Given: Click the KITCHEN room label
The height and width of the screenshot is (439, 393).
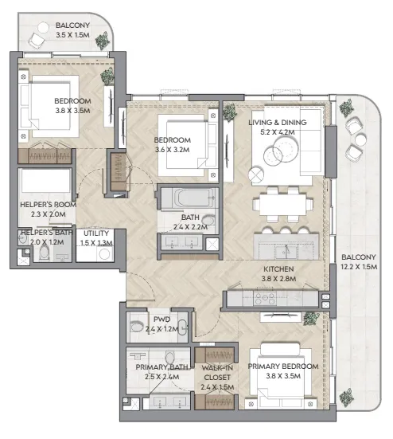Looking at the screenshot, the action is (x=278, y=269).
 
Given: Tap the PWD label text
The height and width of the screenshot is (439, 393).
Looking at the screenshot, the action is (x=161, y=319).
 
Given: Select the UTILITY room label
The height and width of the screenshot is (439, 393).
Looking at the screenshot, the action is (x=96, y=233).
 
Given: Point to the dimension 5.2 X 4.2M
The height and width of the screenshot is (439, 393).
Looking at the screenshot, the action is (x=278, y=132).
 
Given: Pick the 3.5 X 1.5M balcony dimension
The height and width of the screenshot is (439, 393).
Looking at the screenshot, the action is (x=72, y=35).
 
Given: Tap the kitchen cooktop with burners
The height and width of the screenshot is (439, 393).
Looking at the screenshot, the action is (x=264, y=299).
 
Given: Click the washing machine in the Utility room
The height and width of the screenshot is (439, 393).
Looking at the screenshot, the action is (x=104, y=254).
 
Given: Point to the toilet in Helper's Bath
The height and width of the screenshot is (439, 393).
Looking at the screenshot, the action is (x=45, y=253).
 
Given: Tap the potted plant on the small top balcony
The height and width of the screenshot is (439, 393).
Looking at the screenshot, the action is (x=103, y=41).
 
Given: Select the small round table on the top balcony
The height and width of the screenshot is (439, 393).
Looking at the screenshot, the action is (x=43, y=28).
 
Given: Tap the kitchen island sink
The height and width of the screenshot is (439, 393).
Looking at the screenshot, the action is (x=286, y=251).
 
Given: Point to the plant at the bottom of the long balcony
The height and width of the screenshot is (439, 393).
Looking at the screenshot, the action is (x=346, y=397).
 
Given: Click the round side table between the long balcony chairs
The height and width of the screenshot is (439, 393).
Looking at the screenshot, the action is (x=360, y=140).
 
